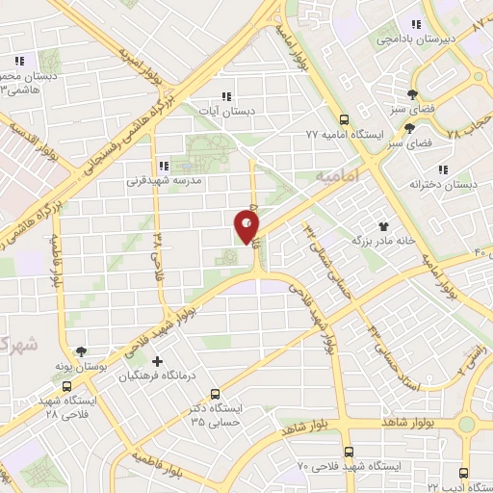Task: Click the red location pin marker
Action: tap(247, 227)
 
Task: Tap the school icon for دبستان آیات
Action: tap(227, 96)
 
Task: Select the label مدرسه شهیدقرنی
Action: tap(163, 180)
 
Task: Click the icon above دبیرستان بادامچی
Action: tap(417, 25)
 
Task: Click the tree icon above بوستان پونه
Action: tap(84, 352)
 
